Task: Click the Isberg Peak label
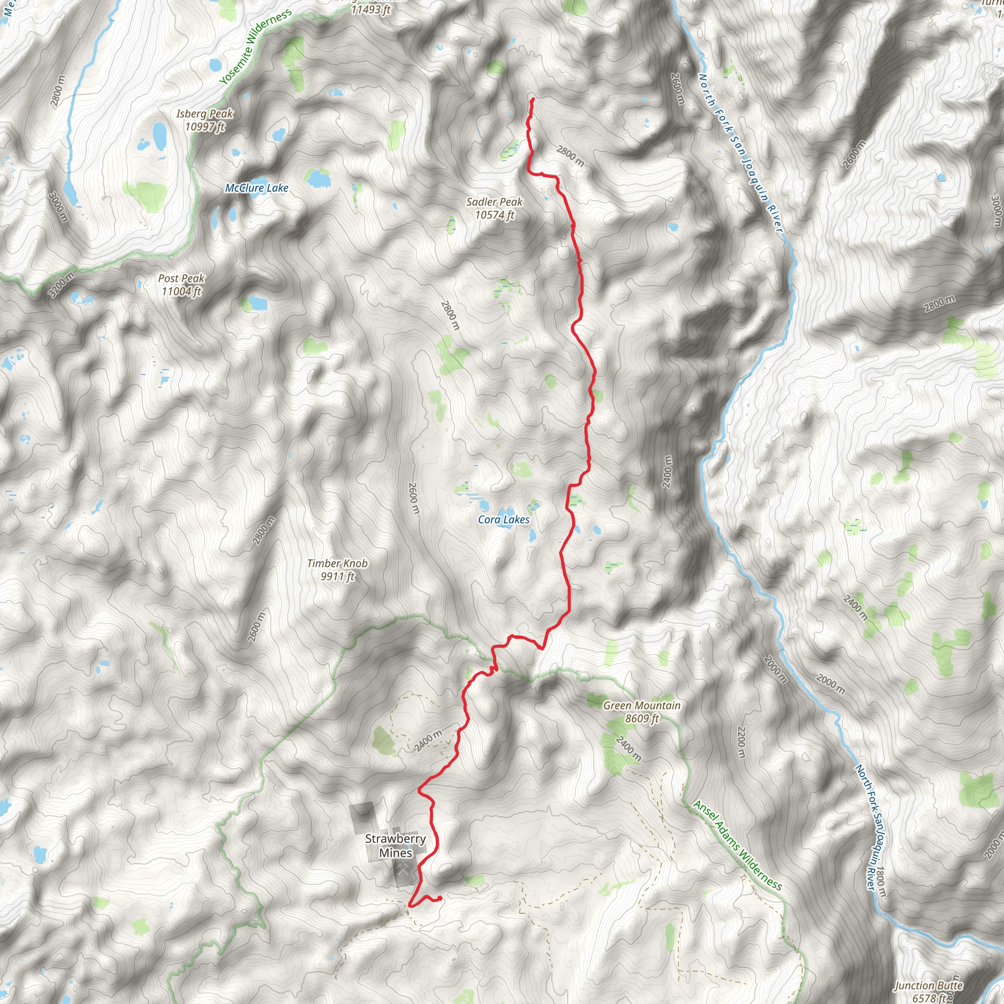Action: (205, 120)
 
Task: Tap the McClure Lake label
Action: (257, 188)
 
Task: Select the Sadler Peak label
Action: (494, 208)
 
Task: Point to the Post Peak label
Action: (181, 285)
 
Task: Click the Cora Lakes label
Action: (503, 520)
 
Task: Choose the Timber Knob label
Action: (337, 570)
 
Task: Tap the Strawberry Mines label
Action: (396, 846)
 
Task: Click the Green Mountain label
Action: (642, 712)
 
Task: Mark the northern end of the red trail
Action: (533, 99)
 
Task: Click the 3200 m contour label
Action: (61, 285)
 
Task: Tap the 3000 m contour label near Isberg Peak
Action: (58, 207)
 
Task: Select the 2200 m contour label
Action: (742, 742)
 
